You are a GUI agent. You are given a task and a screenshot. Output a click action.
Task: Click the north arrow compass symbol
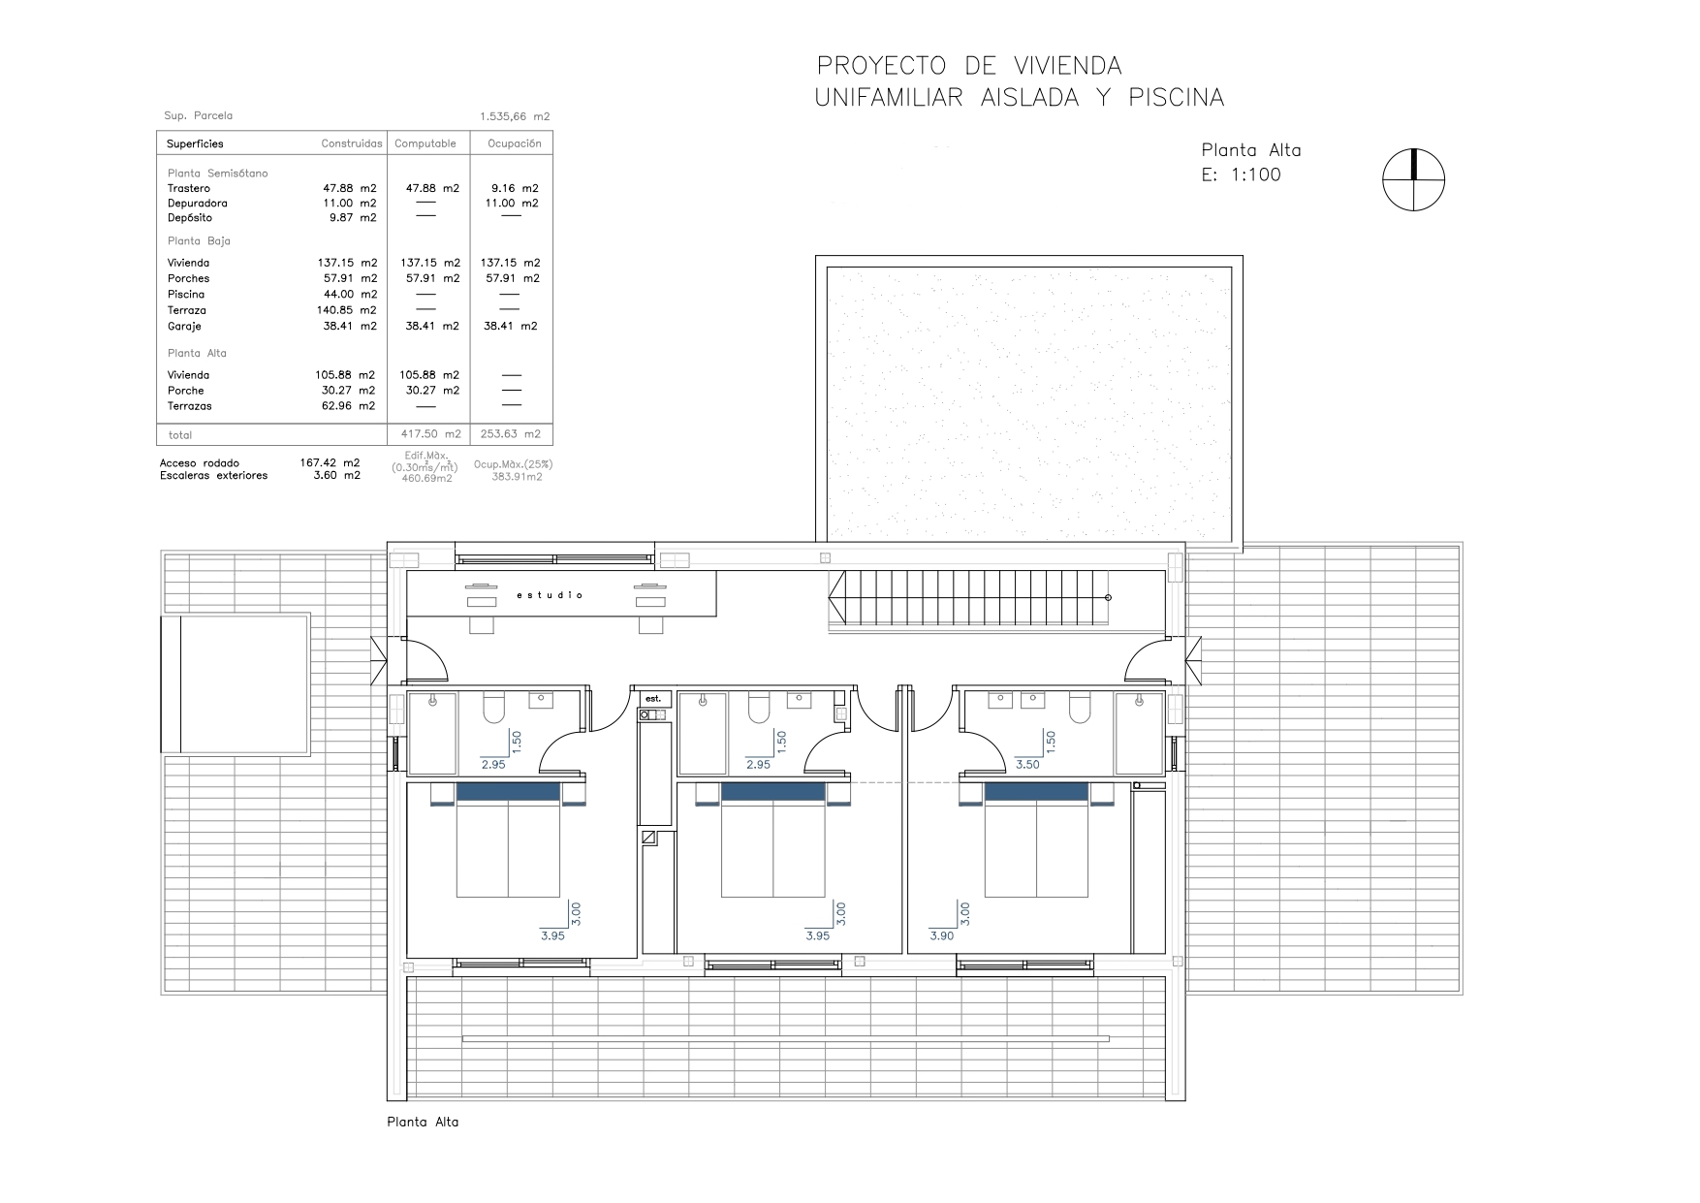click(1414, 180)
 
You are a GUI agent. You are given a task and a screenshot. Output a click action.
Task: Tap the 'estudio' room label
click(550, 595)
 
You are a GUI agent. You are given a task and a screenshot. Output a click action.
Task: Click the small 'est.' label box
click(653, 698)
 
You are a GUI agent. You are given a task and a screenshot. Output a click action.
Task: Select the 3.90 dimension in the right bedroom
click(941, 936)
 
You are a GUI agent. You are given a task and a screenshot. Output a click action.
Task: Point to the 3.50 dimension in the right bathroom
click(1027, 765)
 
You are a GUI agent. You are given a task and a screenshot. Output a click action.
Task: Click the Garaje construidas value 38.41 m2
click(350, 327)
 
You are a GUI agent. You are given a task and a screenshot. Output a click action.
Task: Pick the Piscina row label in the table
click(186, 295)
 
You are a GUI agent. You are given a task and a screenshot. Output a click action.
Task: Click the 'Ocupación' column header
click(514, 143)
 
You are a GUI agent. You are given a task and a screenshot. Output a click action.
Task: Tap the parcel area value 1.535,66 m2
click(515, 116)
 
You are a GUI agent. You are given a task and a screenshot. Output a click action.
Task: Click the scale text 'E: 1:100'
click(1242, 174)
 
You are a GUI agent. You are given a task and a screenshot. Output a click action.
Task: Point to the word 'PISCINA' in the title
click(1177, 98)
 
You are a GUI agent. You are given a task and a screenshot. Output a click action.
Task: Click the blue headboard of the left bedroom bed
click(508, 792)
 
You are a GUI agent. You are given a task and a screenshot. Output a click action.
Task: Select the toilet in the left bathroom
click(492, 710)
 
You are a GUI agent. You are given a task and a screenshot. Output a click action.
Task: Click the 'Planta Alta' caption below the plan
click(423, 1123)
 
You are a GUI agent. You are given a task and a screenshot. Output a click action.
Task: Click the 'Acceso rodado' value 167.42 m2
click(330, 463)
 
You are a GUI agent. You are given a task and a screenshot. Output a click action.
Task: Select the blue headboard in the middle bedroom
click(773, 792)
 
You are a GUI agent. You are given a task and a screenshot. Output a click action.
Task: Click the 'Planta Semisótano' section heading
click(218, 174)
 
